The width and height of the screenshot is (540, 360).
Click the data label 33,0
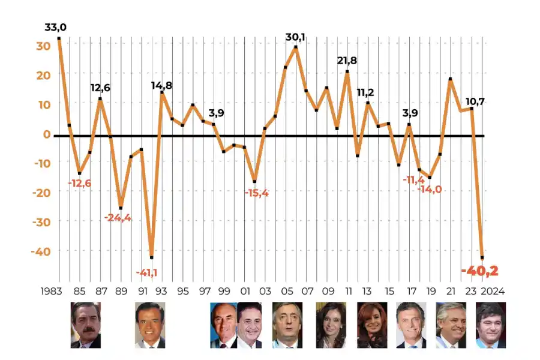coord(55,28)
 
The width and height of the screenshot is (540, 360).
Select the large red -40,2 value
coord(479,271)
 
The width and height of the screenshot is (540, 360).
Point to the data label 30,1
coord(295,37)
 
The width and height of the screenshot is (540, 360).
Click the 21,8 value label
coord(347,61)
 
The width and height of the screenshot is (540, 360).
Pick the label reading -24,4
coord(118,217)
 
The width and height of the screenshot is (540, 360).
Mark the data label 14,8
coord(161,85)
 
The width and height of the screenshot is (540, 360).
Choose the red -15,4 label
coord(256,193)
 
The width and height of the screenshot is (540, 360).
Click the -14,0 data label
coord(429,190)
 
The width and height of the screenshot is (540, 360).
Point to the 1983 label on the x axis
coord(53,291)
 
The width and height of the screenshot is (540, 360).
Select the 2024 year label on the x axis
coord(492,291)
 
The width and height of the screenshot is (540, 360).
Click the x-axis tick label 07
coord(307,291)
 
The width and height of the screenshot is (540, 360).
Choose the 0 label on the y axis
coord(46,134)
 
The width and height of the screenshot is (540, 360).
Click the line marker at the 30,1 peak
coord(296,47)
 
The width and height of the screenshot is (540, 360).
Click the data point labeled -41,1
coord(151,257)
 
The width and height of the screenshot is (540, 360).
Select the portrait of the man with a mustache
coord(86,325)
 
